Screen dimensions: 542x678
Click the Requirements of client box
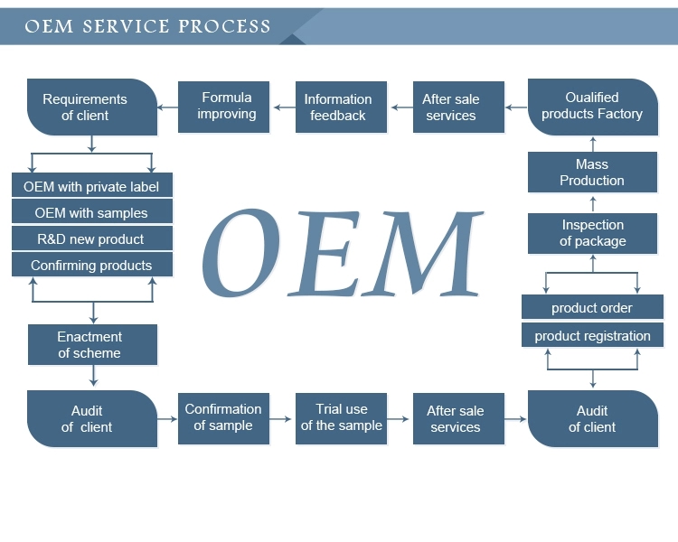coord(91,107)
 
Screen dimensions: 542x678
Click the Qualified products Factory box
coord(592,107)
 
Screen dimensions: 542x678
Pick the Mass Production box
coord(592,173)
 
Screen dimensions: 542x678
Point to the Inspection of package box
coord(592,233)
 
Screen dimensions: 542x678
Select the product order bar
coord(592,308)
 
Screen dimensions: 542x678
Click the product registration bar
coord(592,336)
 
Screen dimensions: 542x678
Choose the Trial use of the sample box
coord(342,417)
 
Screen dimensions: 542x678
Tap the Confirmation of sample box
coord(223,417)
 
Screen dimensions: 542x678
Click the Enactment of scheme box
coord(91,345)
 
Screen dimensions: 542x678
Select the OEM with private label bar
coord(91,187)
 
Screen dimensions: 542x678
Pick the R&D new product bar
coord(91,239)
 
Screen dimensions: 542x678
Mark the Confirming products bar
coord(91,266)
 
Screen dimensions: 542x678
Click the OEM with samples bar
coord(91,213)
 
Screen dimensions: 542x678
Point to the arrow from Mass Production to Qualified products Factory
coord(593,143)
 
